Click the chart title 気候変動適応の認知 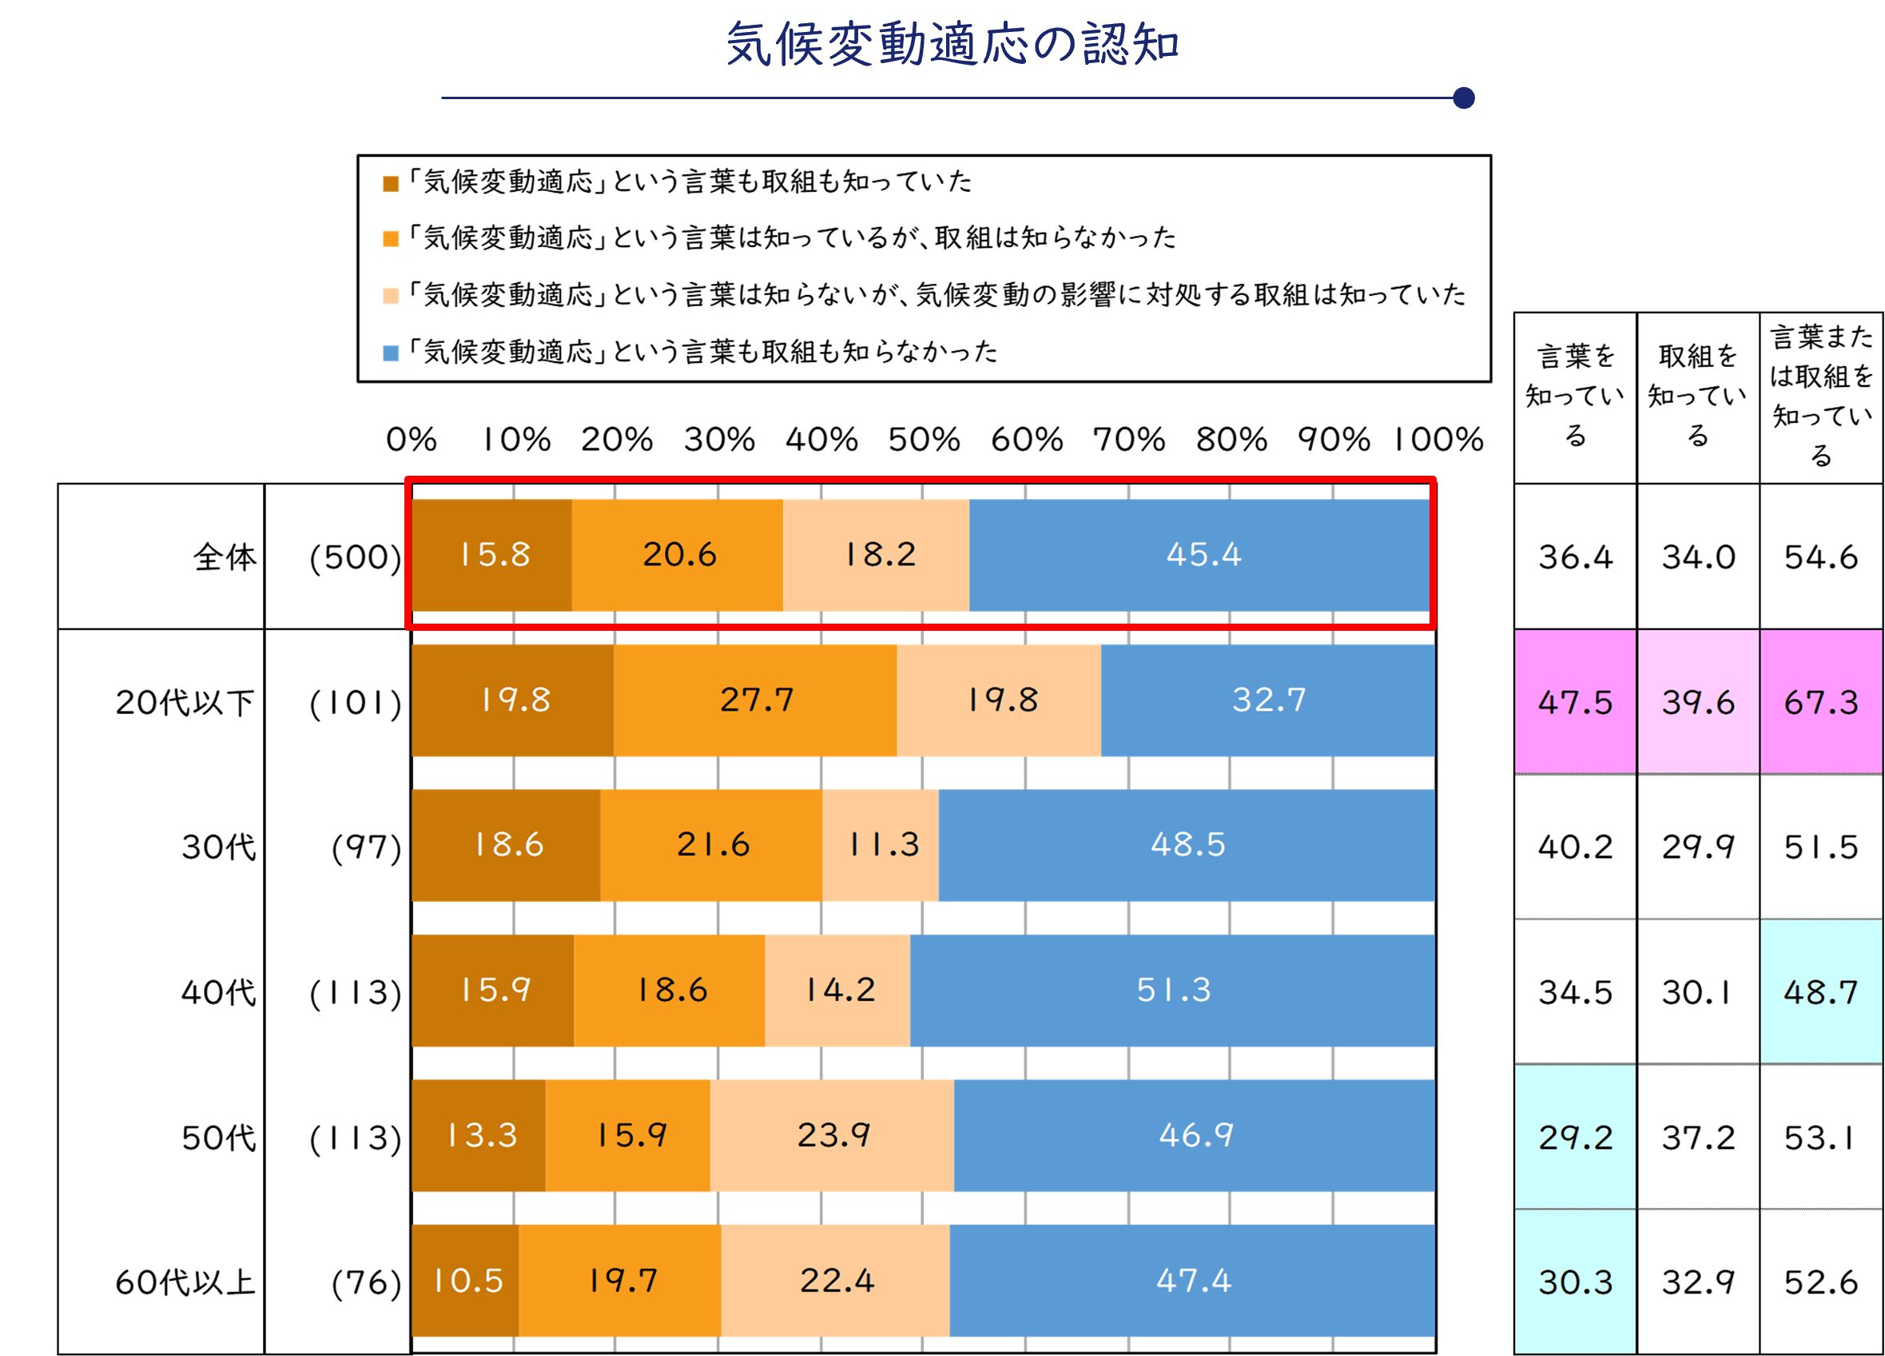952,44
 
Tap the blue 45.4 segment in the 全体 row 1202,555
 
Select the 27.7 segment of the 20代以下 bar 755,700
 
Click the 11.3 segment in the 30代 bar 881,844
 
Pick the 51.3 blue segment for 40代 1173,990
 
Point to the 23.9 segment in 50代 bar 832,1135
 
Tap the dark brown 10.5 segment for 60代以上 467,1280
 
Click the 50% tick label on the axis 924,440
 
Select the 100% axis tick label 1438,440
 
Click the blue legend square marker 391,353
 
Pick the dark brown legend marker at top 391,184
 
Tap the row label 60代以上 185,1282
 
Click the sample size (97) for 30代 367,847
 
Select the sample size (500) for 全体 356,557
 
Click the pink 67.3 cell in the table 1820,703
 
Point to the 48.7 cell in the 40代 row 1820,992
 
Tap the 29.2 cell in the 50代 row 1575,1138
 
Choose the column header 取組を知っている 1697,397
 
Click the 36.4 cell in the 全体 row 1575,557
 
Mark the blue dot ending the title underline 1464,98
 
